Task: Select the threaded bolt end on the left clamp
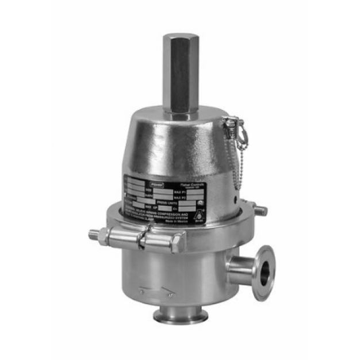pyautogui.click(x=93, y=235)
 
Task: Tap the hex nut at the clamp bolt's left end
pyautogui.click(x=106, y=236)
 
